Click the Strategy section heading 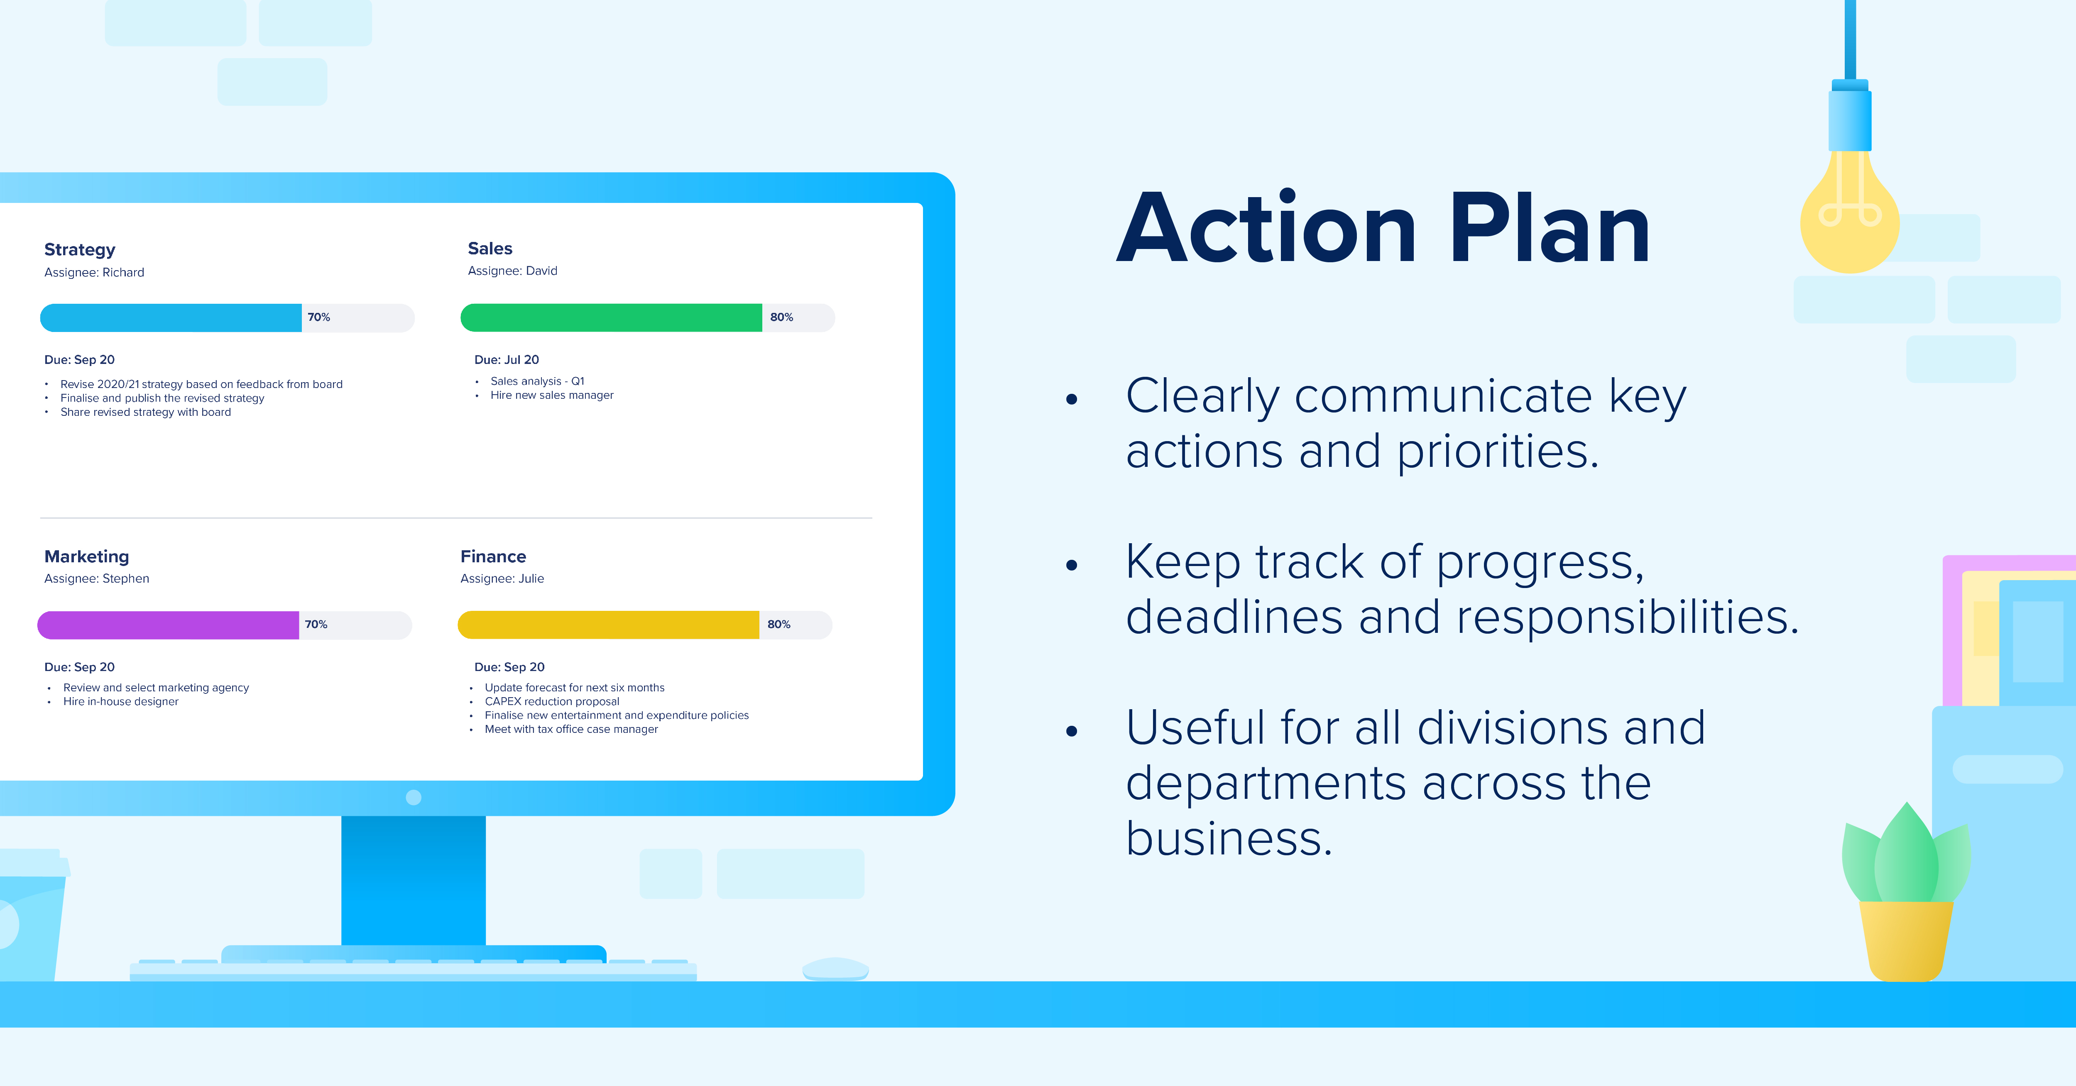pyautogui.click(x=80, y=250)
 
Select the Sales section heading pyautogui.click(x=490, y=248)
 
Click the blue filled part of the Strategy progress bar pyautogui.click(x=171, y=317)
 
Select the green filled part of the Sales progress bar pyautogui.click(x=611, y=317)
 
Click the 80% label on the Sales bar pyautogui.click(x=781, y=317)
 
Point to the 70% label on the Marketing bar pyautogui.click(x=316, y=625)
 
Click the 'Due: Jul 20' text pyautogui.click(x=506, y=359)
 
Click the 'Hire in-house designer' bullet pyautogui.click(x=121, y=701)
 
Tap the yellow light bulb pyautogui.click(x=1850, y=211)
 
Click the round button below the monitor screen pyautogui.click(x=414, y=797)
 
